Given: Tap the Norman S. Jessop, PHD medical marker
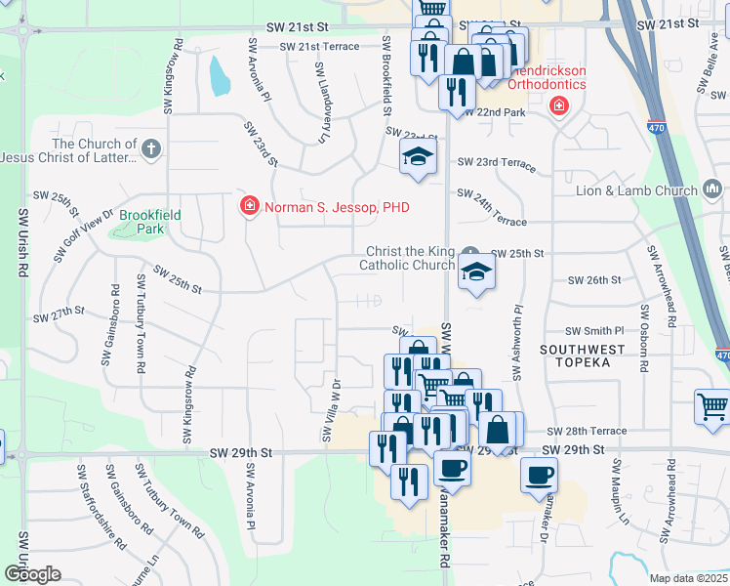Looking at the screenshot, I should pyautogui.click(x=249, y=207).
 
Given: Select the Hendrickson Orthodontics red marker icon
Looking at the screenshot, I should pyautogui.click(x=559, y=105).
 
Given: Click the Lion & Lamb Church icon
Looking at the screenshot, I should pyautogui.click(x=712, y=189).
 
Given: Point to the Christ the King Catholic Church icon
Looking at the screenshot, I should pyautogui.click(x=471, y=252).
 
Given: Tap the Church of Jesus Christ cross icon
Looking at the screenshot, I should pyautogui.click(x=150, y=150).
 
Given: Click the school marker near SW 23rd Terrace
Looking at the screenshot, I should pyautogui.click(x=418, y=158).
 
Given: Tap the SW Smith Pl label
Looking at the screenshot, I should pyautogui.click(x=595, y=332).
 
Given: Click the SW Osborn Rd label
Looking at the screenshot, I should pyautogui.click(x=645, y=333).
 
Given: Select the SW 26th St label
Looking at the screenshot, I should pyautogui.click(x=594, y=280).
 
